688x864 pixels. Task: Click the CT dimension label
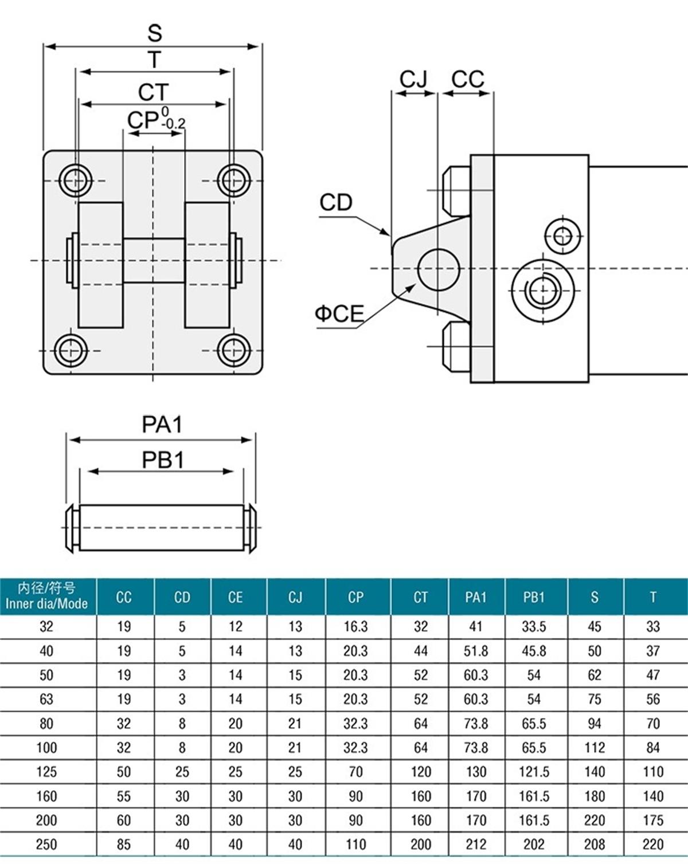pos(154,92)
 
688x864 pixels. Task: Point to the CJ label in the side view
pos(413,79)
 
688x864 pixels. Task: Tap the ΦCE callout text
pos(339,313)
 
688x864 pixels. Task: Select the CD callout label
pos(336,202)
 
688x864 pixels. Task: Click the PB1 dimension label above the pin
pos(163,460)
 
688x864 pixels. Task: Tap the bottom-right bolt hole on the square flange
pos(234,349)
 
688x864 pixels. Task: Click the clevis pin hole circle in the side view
pos(439,269)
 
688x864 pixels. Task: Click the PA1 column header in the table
pos(476,597)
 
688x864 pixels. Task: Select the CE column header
pos(236,597)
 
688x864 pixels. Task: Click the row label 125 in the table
pos(46,771)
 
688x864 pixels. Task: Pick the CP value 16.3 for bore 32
pos(355,626)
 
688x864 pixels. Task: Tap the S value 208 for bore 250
pos(595,843)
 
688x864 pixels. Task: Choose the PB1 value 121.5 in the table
pos(534,771)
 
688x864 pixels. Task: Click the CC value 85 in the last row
pos(124,843)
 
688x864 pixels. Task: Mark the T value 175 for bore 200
pos(653,819)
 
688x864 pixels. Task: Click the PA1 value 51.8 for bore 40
pos(476,651)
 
